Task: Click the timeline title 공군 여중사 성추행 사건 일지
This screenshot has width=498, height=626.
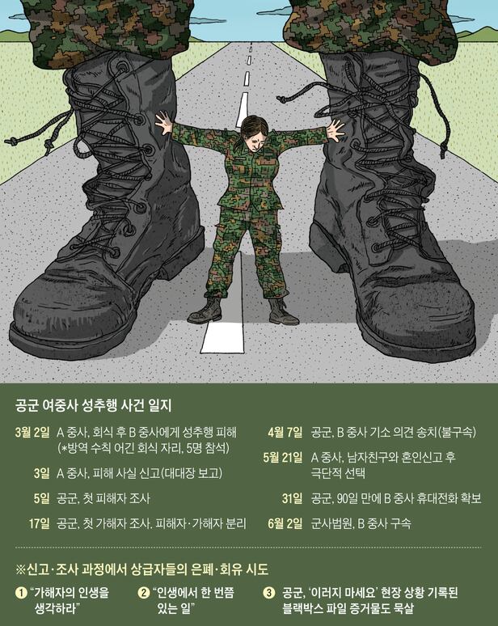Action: click(x=93, y=405)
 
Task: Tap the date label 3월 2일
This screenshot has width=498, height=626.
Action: click(x=32, y=432)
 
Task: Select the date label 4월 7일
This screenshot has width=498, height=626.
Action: click(x=285, y=432)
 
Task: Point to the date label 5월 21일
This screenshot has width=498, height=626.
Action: click(x=282, y=457)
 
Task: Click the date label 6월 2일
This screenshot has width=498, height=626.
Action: click(x=285, y=523)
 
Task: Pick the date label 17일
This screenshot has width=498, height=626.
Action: click(x=39, y=523)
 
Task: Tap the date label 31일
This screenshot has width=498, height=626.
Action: click(x=292, y=498)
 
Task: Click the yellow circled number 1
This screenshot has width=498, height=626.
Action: click(x=21, y=593)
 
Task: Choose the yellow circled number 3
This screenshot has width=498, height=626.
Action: click(x=269, y=593)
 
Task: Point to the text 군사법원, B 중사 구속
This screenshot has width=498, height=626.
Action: click(x=361, y=523)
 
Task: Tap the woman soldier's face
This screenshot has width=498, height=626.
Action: click(x=254, y=136)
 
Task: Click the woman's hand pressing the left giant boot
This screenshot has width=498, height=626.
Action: click(x=163, y=122)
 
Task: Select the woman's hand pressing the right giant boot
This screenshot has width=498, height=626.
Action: click(x=335, y=129)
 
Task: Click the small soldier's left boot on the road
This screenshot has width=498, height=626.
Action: click(x=205, y=311)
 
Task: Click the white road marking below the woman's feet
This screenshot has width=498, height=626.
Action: click(x=222, y=337)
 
